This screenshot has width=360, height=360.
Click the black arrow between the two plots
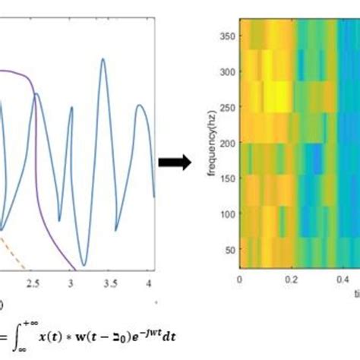[174, 162]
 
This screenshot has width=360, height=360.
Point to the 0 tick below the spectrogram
[240, 279]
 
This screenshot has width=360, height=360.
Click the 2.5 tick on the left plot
[33, 283]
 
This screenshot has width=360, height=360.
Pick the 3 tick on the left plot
[71, 283]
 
